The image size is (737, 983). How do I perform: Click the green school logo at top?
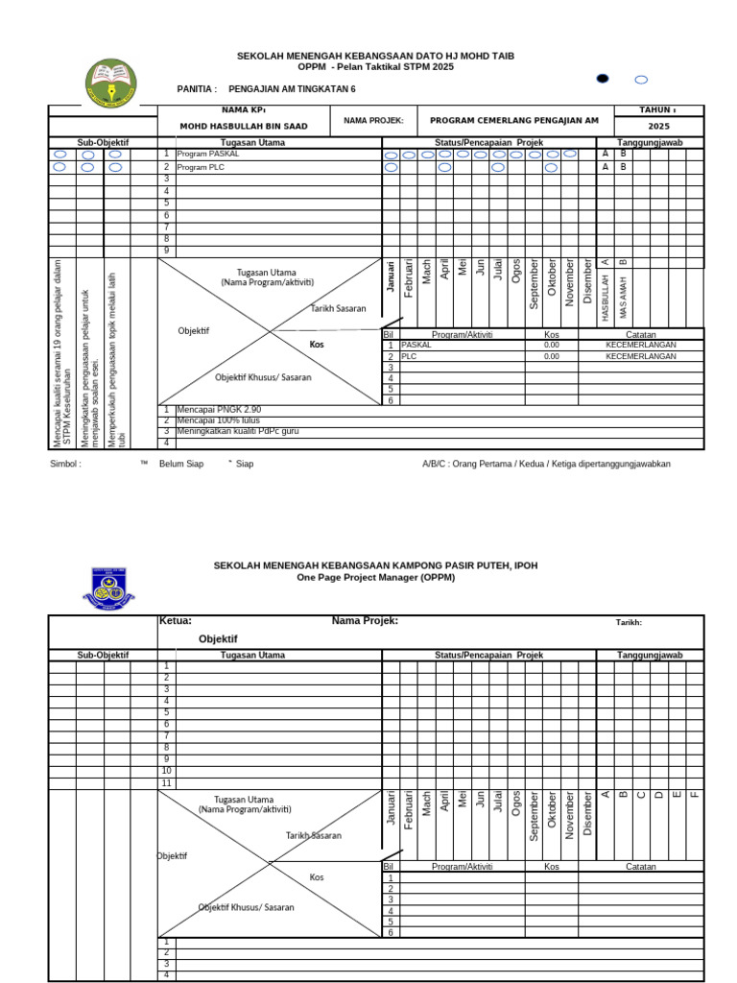click(111, 83)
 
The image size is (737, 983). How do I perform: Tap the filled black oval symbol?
click(603, 79)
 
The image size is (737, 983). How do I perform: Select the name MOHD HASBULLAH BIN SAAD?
click(244, 127)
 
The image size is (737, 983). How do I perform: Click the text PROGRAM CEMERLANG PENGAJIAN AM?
click(514, 121)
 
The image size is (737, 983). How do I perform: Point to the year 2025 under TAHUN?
click(659, 127)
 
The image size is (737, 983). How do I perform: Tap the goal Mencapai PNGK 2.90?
click(219, 410)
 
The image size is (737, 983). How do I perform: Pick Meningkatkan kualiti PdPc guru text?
click(238, 432)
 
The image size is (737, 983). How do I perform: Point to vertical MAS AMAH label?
click(623, 297)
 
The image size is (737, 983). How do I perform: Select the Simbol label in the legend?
click(65, 464)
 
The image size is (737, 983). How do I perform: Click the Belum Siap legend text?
click(181, 464)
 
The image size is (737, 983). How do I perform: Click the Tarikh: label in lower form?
click(629, 622)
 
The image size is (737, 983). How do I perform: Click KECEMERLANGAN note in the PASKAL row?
click(640, 345)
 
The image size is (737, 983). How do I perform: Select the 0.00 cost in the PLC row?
click(551, 356)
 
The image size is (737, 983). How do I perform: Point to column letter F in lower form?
click(695, 794)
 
